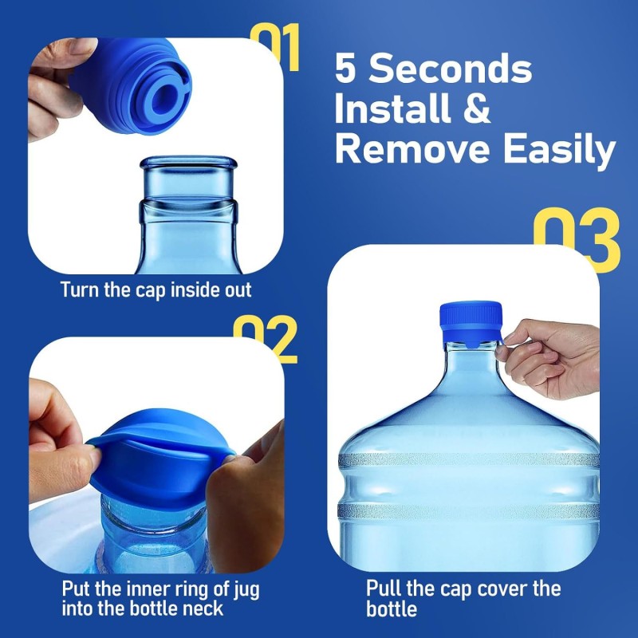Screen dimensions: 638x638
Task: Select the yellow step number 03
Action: coord(576,238)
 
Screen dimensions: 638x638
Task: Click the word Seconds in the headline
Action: coord(452,70)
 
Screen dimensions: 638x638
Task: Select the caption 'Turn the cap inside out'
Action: coord(156,289)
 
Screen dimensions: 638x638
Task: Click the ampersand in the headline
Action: coord(477,109)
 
